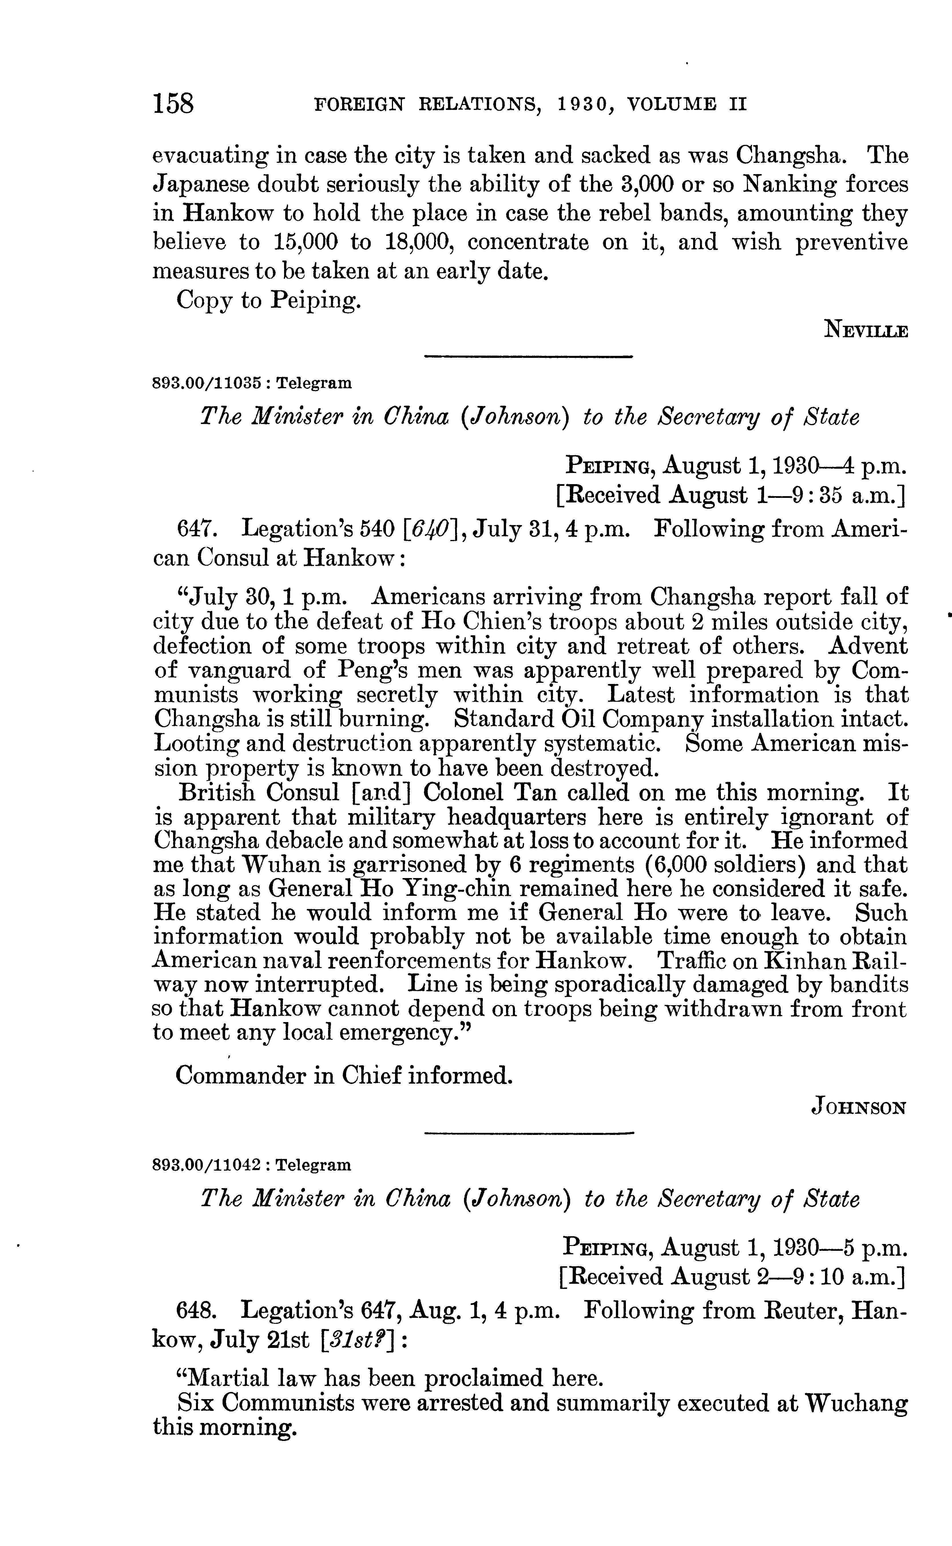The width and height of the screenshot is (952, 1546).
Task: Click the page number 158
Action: (x=173, y=103)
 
